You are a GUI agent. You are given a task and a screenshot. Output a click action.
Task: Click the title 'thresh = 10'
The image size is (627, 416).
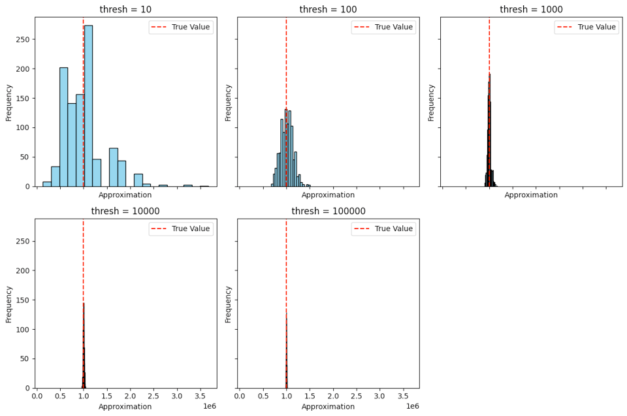pyautogui.click(x=125, y=9)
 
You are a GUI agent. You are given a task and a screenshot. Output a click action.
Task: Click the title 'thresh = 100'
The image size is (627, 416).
pyautogui.click(x=328, y=9)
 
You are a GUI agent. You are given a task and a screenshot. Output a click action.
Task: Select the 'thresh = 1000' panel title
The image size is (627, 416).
pyautogui.click(x=531, y=9)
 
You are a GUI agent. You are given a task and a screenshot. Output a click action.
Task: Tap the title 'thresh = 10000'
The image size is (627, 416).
pyautogui.click(x=125, y=211)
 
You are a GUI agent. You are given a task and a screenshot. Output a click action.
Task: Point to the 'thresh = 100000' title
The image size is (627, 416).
pyautogui.click(x=328, y=211)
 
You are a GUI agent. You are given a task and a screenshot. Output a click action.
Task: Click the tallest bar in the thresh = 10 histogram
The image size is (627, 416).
pyautogui.click(x=88, y=104)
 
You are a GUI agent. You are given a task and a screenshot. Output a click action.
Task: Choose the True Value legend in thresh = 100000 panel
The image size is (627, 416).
pyautogui.click(x=383, y=229)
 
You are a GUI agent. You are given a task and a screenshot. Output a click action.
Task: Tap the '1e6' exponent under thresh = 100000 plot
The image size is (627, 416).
pyautogui.click(x=412, y=406)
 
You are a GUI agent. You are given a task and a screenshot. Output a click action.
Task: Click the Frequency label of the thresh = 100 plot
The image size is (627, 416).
pyautogui.click(x=228, y=102)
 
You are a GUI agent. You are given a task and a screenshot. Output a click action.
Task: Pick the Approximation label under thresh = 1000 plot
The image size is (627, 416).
pyautogui.click(x=531, y=195)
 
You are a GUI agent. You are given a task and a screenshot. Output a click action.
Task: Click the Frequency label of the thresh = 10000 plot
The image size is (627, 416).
pyautogui.click(x=9, y=304)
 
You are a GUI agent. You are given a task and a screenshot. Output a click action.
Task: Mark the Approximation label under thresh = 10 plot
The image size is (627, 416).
pyautogui.click(x=125, y=195)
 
